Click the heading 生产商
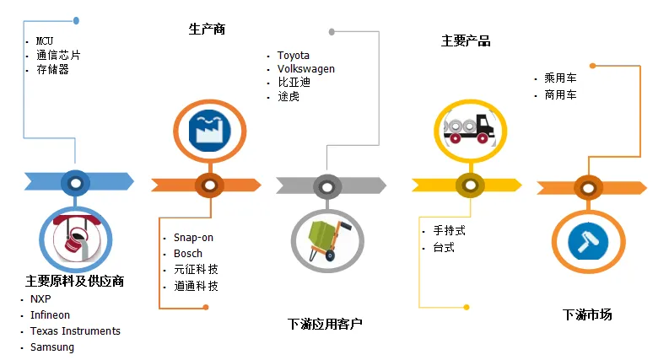click(207, 30)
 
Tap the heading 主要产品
click(466, 40)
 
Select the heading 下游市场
click(587, 315)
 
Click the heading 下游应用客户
click(325, 324)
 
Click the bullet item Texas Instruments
click(75, 331)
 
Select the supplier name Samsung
click(52, 347)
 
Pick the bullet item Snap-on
click(193, 238)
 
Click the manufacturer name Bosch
click(188, 254)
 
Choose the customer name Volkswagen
click(306, 69)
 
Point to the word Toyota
click(294, 56)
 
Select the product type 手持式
click(450, 230)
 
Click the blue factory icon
click(209, 131)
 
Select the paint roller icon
click(588, 241)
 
